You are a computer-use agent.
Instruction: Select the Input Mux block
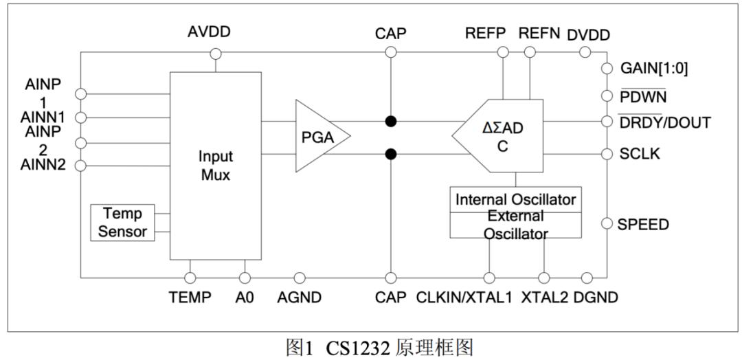[215, 166]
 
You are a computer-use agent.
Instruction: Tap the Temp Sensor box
[122, 223]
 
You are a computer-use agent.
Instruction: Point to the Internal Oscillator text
[515, 199]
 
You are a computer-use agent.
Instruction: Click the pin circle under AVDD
[215, 54]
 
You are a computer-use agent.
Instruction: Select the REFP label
[486, 33]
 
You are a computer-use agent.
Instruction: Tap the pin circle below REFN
[530, 52]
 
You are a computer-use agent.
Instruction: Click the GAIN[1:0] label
[654, 69]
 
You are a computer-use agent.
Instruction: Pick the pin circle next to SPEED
[607, 223]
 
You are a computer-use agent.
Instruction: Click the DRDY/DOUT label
[664, 122]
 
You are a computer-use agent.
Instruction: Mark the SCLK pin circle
[607, 154]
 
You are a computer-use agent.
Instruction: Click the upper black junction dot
[390, 121]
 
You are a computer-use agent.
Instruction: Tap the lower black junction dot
[390, 154]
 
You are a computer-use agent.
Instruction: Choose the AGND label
[299, 297]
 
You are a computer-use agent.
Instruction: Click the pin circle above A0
[245, 278]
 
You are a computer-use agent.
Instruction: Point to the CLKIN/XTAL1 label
[464, 297]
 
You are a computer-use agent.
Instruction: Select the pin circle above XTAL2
[545, 278]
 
